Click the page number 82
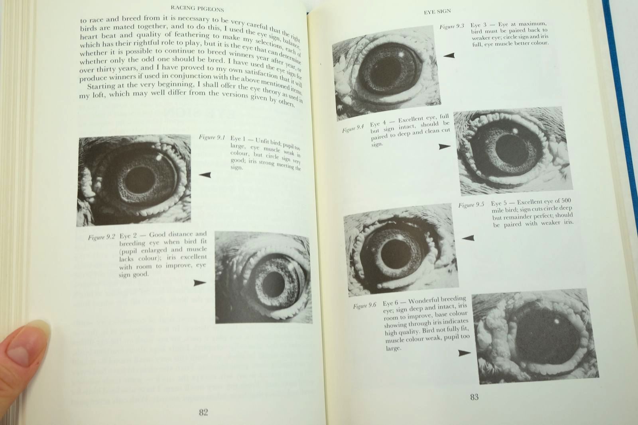tap(203, 412)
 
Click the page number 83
tap(474, 397)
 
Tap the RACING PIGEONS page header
tap(197, 8)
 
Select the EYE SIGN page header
tap(437, 12)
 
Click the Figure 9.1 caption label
tap(212, 137)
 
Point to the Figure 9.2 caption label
tap(101, 237)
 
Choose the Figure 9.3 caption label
tap(452, 26)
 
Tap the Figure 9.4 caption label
tap(353, 129)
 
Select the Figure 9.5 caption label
tap(471, 205)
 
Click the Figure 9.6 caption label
tap(364, 306)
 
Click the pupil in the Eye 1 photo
tap(140, 180)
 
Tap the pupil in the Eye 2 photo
tap(274, 284)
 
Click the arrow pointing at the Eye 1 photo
tap(205, 175)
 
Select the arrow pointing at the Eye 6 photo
tap(465, 353)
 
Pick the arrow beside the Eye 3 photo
tap(449, 55)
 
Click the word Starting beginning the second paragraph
tap(101, 86)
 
